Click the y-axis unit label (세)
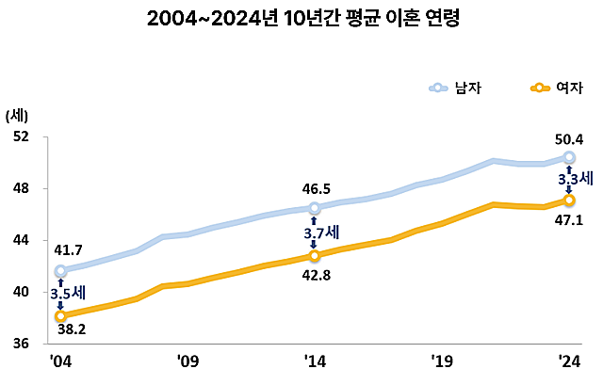[x=17, y=116]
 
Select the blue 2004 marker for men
[x=60, y=271]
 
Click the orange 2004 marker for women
[x=60, y=316]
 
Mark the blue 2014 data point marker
[x=314, y=208]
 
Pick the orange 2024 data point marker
[x=569, y=200]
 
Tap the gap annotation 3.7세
[x=320, y=232]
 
